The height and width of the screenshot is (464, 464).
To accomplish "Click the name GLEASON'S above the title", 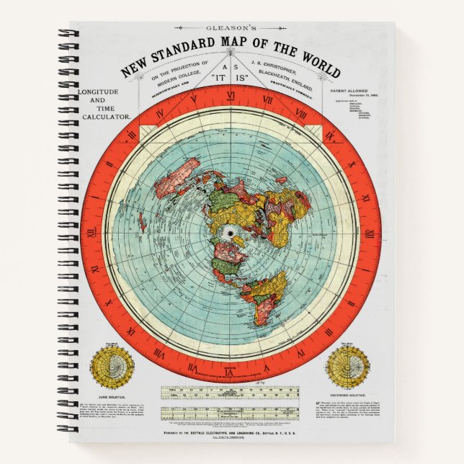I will point(232,30).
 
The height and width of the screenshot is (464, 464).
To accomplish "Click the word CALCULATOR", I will point(105,116).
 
